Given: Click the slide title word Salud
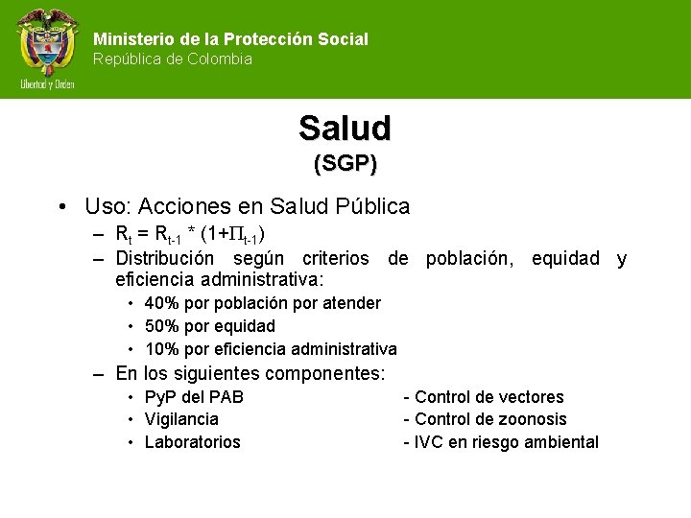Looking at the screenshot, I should (x=345, y=128).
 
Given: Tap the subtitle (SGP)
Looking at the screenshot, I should (x=345, y=163).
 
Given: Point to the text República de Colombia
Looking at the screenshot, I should (x=173, y=59).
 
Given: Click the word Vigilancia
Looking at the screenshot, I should (x=181, y=419).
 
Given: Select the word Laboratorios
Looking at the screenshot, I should (x=192, y=442).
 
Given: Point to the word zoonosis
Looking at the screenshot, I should (x=534, y=419).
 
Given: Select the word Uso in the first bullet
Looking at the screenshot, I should (x=105, y=206).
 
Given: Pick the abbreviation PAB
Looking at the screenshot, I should (x=226, y=397).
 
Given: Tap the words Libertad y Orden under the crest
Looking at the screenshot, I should (x=47, y=84).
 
